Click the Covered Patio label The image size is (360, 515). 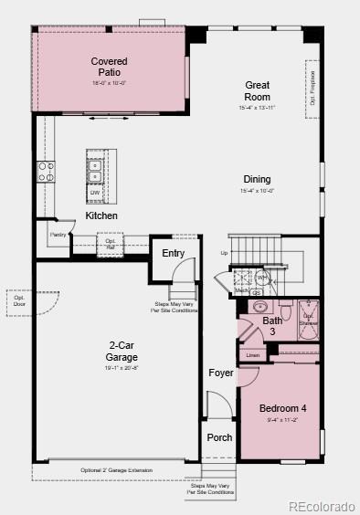pyautogui.click(x=109, y=67)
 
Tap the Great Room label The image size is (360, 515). pyautogui.click(x=257, y=90)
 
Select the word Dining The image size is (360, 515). pyautogui.click(x=257, y=179)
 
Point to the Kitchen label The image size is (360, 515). pyautogui.click(x=101, y=215)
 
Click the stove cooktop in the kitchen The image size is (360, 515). pyautogui.click(x=45, y=171)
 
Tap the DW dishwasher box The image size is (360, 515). pyautogui.click(x=94, y=193)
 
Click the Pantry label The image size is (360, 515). pyautogui.click(x=57, y=235)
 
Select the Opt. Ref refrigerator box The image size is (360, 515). pyautogui.click(x=111, y=244)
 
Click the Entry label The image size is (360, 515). pyautogui.click(x=174, y=253)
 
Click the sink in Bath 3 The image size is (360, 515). pyautogui.click(x=259, y=307)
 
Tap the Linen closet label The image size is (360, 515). pyautogui.click(x=253, y=354)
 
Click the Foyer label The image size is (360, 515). pyautogui.click(x=220, y=373)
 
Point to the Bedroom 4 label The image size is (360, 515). pyautogui.click(x=281, y=408)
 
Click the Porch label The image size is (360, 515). pyautogui.click(x=219, y=437)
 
